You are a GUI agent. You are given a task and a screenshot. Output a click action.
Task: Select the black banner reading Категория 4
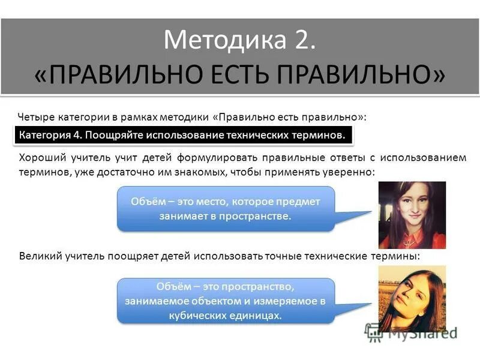(181, 135)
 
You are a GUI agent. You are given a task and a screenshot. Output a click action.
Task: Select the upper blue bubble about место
(226, 209)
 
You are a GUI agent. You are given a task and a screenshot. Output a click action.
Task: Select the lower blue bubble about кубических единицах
(225, 301)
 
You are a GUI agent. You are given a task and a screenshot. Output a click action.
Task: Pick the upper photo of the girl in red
(412, 215)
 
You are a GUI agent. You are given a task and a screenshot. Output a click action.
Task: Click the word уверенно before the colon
(344, 172)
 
